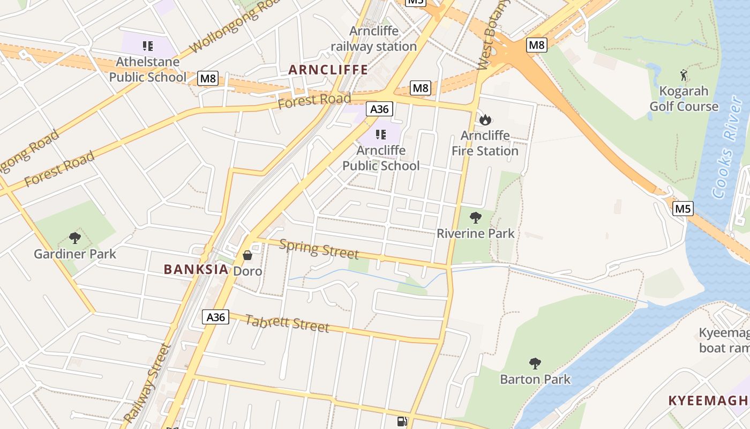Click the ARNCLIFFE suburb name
pos(328,70)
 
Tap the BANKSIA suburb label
pos(196,269)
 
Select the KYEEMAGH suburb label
pos(708,401)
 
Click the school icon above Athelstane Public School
pos(148,46)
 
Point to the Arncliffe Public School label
pos(381,158)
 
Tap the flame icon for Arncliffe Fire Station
pos(485,120)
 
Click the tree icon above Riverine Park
pos(475,218)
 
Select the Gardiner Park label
pos(75,254)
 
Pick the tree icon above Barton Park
pos(535,364)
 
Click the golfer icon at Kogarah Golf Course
pos(683,75)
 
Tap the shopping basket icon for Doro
pos(247,255)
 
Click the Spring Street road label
pos(319,249)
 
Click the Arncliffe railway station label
pos(373,39)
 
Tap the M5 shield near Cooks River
pos(683,208)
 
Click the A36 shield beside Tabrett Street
pos(216,317)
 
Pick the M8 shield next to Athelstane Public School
pos(208,78)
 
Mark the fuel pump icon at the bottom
pos(402,421)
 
